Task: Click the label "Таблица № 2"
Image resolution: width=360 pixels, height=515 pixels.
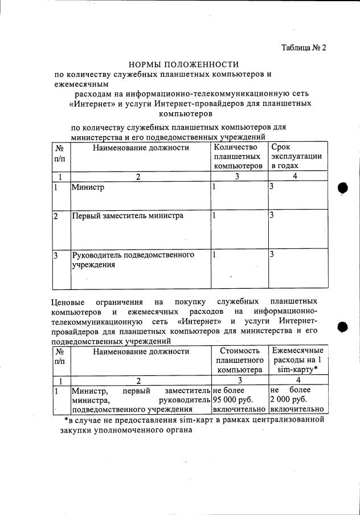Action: click(304, 48)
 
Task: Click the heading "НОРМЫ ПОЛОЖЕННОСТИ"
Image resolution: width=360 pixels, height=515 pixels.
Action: click(183, 65)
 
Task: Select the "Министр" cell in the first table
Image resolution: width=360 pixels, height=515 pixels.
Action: click(84, 187)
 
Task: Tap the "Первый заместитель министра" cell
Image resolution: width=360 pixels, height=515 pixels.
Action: click(127, 216)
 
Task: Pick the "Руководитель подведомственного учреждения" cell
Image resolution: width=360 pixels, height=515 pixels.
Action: click(133, 260)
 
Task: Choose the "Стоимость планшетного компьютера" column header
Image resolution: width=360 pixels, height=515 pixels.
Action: click(240, 361)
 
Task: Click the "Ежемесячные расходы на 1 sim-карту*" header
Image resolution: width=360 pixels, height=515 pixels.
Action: click(298, 360)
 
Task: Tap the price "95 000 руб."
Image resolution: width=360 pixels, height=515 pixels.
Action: click(232, 400)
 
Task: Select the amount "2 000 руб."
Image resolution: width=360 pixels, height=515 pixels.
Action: click(289, 400)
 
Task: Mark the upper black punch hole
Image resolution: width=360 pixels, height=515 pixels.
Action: click(343, 189)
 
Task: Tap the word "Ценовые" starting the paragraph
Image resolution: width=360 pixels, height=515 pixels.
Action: click(68, 301)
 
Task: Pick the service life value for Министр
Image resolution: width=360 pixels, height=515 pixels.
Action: click(272, 187)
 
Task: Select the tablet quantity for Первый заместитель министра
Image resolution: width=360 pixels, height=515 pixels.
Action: click(214, 216)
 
